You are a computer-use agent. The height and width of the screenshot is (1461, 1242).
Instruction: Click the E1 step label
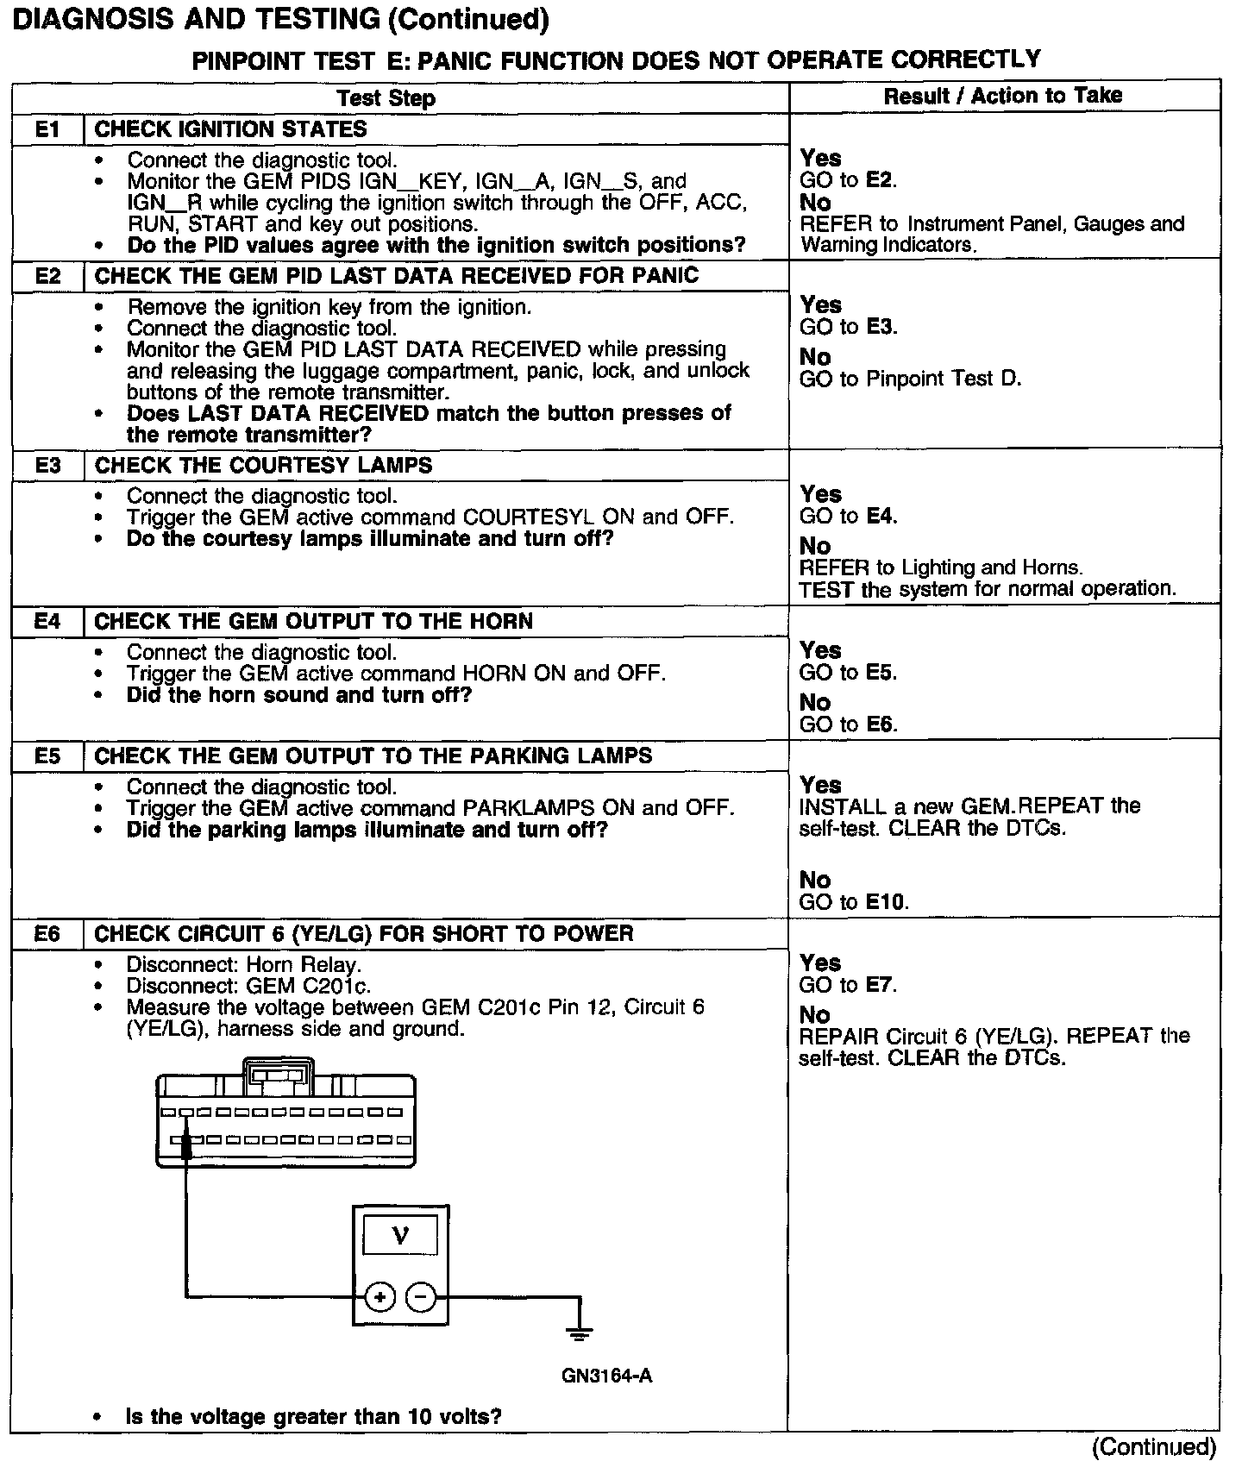47,129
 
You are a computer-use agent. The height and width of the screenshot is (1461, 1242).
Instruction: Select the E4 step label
47,621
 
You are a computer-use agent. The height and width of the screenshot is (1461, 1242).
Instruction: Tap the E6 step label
47,933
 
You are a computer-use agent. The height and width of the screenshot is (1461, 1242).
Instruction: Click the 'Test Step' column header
386,98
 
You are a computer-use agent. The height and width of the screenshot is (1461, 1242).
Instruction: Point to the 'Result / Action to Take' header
1003,96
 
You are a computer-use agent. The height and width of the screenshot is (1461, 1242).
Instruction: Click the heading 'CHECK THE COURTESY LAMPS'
263,466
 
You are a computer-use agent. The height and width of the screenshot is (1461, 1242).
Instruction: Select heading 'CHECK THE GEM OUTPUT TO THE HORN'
313,621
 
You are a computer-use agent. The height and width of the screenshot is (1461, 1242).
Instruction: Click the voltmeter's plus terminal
379,1296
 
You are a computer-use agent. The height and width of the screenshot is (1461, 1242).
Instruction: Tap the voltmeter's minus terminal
421,1296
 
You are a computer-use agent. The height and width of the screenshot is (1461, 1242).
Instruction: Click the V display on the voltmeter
400,1235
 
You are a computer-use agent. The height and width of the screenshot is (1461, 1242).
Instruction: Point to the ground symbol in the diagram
579,1332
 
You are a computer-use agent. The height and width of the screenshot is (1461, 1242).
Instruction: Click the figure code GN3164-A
606,1375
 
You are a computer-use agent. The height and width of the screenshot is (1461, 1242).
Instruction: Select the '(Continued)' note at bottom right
1154,1446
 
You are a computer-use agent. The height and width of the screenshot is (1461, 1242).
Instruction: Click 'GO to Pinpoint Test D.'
910,379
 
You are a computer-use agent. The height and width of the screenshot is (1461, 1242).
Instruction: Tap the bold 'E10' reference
886,902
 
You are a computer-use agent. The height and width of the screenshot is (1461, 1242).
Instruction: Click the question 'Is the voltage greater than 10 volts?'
314,1416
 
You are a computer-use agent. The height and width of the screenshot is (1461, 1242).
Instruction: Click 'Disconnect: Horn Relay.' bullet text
244,964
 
